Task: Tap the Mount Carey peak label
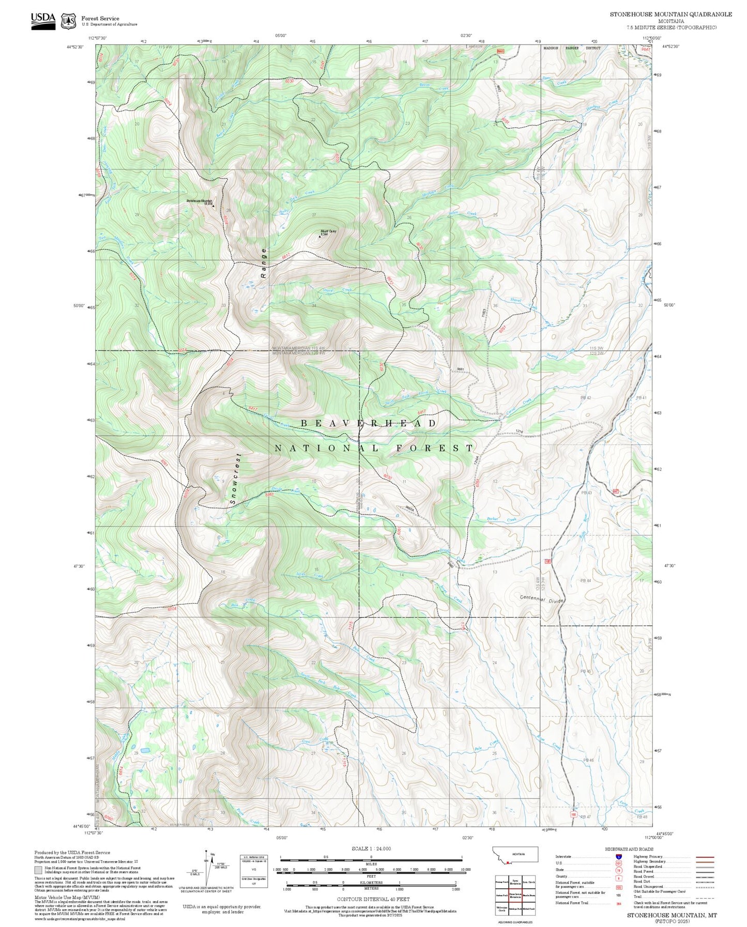[x=328, y=231]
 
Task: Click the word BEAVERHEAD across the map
[x=369, y=423]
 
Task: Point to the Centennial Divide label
[x=541, y=599]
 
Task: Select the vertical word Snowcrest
[x=235, y=479]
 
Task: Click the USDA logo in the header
[x=43, y=21]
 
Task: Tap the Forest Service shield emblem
[x=68, y=21]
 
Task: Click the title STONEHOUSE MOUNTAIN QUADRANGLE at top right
[x=670, y=14]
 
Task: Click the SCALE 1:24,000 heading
[x=371, y=848]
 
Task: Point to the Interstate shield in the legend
[x=618, y=856]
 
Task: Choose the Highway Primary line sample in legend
[x=705, y=856]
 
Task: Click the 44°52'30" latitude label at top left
[x=76, y=47]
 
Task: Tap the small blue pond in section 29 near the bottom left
[x=145, y=749]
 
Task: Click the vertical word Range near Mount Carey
[x=264, y=263]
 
